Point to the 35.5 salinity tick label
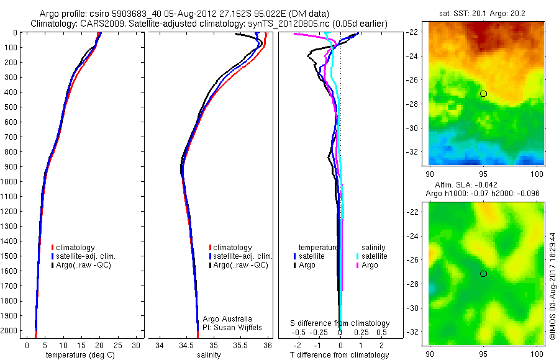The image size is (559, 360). [x=240, y=345]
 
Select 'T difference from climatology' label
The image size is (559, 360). [x=340, y=355]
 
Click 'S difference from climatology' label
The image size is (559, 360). [x=340, y=323]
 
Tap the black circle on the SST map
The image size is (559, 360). [x=483, y=94]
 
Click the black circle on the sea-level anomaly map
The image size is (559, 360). [x=483, y=274]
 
